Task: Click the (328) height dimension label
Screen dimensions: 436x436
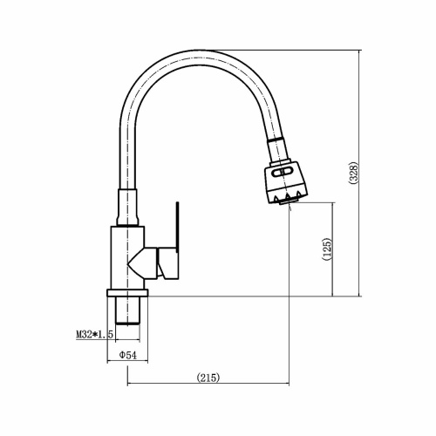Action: click(354, 173)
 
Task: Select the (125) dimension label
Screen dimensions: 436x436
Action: click(327, 249)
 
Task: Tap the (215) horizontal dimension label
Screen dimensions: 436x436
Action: click(208, 378)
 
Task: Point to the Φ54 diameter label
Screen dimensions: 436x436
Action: click(128, 355)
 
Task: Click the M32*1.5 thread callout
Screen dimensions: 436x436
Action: click(94, 334)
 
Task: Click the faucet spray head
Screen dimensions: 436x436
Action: click(285, 181)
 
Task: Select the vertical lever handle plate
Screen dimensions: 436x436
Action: click(177, 225)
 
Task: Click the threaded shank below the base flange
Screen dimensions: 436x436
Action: click(127, 310)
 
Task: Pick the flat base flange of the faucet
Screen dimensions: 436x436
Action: click(127, 293)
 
